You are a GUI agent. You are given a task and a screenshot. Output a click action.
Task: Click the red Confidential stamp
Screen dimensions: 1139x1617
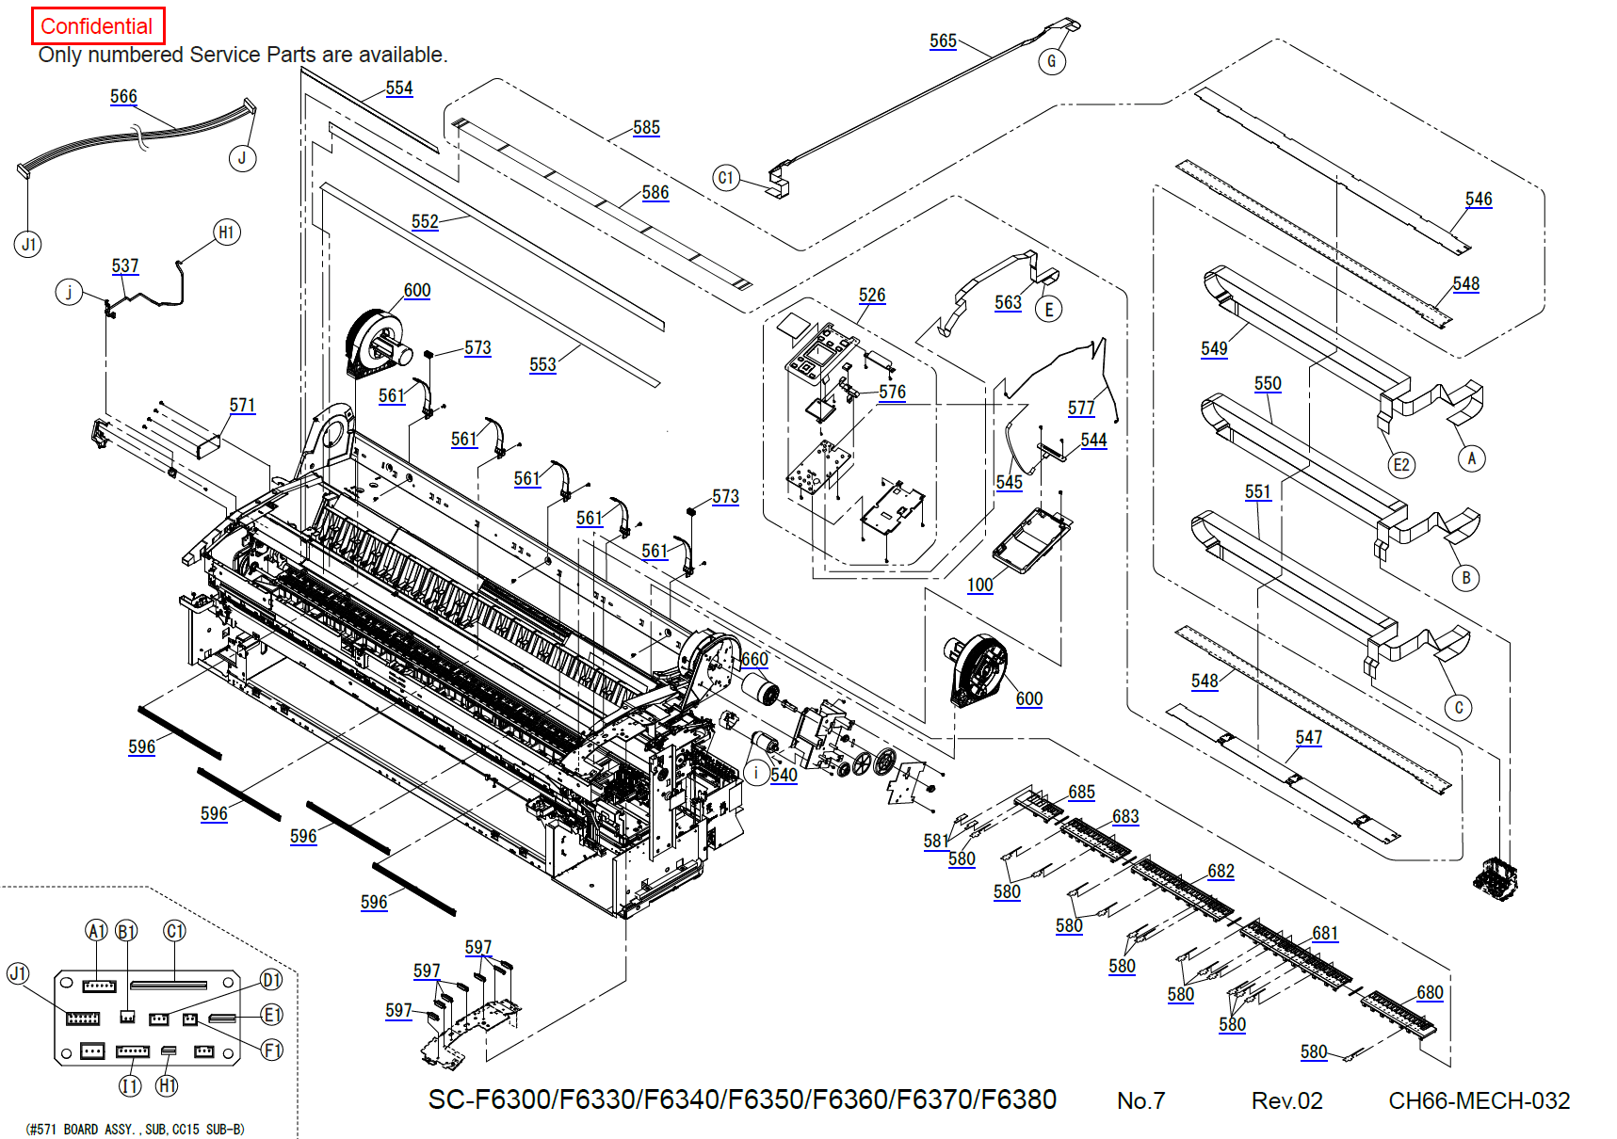(98, 26)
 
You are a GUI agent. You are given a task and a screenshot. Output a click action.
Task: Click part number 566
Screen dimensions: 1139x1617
(123, 96)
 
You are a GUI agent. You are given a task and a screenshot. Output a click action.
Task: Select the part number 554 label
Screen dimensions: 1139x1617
(399, 88)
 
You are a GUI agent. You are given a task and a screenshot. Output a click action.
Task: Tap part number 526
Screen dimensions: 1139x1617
(872, 295)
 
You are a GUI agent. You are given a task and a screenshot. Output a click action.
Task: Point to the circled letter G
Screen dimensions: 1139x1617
(1052, 62)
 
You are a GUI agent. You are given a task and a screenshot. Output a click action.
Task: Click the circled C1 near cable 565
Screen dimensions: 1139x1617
(725, 178)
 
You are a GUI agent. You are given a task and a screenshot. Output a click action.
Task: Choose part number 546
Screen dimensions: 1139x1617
(1479, 199)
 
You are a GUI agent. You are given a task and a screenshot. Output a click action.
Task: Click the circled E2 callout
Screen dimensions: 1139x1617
(1401, 464)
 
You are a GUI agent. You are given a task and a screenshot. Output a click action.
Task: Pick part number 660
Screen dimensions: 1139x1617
(754, 659)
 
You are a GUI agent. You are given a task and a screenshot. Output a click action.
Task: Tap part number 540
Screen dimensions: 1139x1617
(784, 775)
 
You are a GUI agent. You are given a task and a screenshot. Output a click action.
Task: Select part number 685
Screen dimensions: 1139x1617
(1081, 792)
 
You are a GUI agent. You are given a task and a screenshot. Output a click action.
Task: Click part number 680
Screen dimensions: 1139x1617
(1430, 992)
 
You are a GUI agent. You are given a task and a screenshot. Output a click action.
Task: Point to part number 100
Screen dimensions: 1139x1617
(979, 585)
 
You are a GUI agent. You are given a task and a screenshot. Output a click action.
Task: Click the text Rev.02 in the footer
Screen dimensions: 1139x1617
(1286, 1100)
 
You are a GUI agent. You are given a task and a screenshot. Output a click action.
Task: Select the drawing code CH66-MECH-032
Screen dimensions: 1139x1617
(1479, 1100)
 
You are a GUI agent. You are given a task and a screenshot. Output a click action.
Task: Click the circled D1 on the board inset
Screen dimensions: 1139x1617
(271, 981)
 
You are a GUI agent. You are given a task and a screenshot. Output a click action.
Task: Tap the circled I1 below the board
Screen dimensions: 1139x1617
(130, 1086)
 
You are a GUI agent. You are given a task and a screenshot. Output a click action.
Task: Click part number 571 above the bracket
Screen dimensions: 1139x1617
(242, 405)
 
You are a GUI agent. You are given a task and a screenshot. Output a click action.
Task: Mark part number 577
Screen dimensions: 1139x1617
(1081, 408)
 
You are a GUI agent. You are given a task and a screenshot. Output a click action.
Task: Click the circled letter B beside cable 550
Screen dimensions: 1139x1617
(1465, 578)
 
